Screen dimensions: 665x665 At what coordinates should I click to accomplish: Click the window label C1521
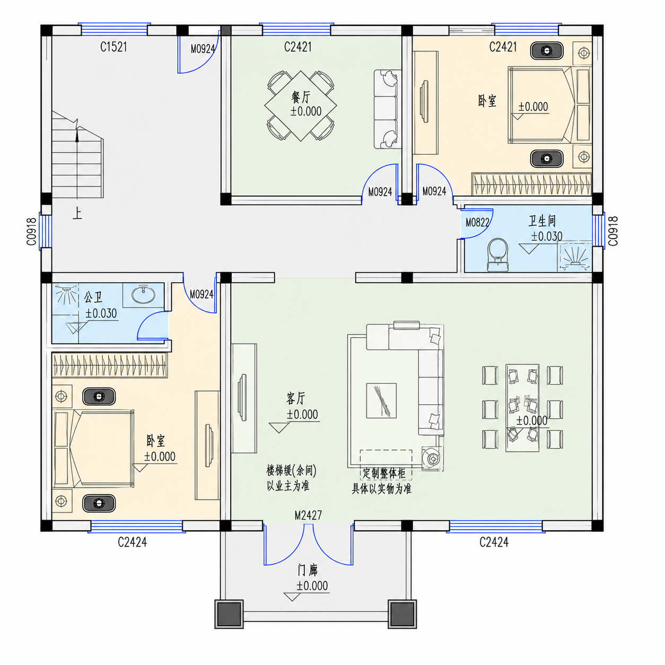113,47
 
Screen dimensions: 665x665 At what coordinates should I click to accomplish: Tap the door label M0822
477,223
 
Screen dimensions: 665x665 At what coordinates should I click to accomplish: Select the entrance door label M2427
308,515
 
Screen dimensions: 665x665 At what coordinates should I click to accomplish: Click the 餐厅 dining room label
301,98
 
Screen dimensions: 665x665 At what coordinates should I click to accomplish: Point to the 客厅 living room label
296,399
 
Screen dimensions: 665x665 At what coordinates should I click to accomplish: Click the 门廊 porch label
308,571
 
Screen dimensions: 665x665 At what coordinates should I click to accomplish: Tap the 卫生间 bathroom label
542,221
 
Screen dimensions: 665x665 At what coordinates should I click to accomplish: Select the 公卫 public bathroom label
93,297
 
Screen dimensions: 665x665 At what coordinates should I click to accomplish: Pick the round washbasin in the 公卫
143,294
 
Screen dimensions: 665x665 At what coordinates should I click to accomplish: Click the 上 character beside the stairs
77,214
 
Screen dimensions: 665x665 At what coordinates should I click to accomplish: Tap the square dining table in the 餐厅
301,106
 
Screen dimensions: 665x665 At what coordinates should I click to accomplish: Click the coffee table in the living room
381,400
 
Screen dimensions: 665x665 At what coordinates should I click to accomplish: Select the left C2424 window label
132,542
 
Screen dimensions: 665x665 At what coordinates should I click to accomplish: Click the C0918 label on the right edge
613,231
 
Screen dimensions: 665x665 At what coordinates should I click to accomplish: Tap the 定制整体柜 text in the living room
384,473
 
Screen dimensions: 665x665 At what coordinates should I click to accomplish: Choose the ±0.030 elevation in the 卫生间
547,237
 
